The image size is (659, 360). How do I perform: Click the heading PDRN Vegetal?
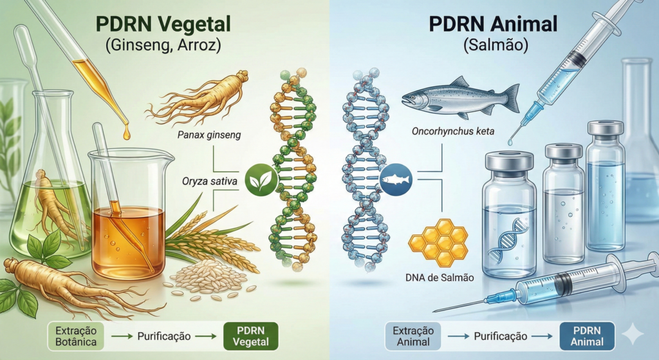point(165,25)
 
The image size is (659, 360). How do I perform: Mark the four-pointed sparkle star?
point(633,335)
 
